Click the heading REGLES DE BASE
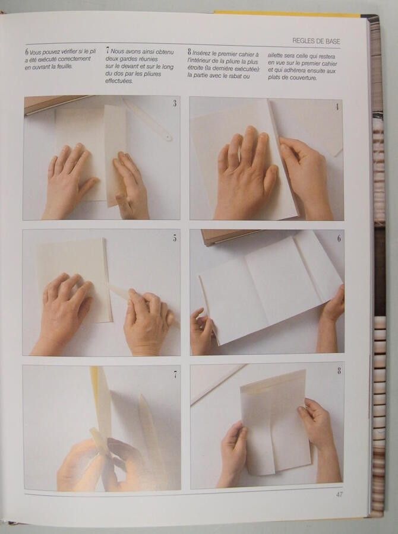coord(316,41)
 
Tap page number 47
coord(339,494)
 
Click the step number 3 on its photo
coord(175,103)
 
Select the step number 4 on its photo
coord(337,107)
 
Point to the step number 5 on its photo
coord(175,238)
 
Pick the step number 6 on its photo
coord(339,239)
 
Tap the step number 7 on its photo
coord(175,374)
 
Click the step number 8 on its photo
coord(339,370)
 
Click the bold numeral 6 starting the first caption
coord(26,52)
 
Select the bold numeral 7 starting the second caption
coord(108,51)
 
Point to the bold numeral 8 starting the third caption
coord(189,52)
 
